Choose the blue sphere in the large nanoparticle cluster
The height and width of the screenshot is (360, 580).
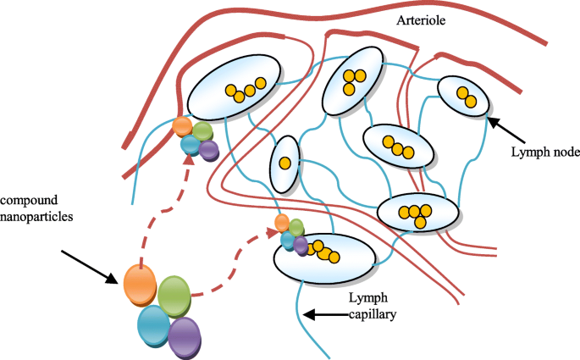[155, 325]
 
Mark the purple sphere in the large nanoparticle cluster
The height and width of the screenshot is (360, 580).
[185, 337]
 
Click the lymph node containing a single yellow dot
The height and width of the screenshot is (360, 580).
[285, 163]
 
